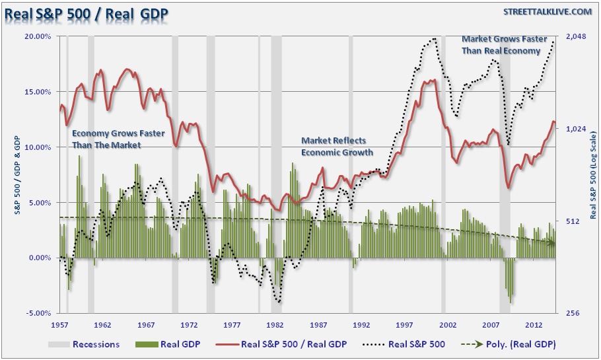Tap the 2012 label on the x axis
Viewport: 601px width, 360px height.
533,325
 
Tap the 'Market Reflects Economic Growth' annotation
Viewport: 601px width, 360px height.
337,146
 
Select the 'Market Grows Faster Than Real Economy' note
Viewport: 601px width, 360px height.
505,45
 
